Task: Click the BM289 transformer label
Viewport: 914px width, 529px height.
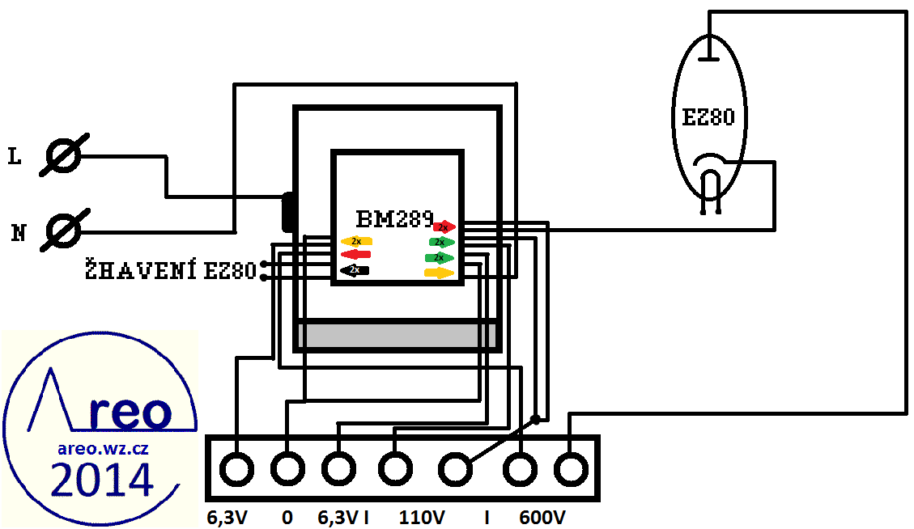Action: [x=395, y=218]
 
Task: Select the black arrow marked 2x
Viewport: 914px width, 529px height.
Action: [x=355, y=269]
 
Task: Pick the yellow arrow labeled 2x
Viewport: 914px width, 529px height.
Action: [x=356, y=241]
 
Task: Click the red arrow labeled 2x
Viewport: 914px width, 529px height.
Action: [x=444, y=227]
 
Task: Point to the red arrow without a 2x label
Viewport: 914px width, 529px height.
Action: [x=356, y=255]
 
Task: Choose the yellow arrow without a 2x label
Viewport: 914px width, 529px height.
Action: [x=440, y=273]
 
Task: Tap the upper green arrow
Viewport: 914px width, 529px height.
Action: [x=441, y=242]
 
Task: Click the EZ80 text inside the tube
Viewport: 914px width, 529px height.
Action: [x=708, y=118]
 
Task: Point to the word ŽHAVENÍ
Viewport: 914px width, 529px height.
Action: [x=142, y=270]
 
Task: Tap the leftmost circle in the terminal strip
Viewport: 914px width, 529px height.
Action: [x=236, y=468]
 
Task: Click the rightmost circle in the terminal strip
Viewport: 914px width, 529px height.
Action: [x=571, y=468]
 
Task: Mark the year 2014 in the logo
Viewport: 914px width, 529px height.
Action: [x=102, y=480]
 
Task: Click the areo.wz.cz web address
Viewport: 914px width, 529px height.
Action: [x=102, y=447]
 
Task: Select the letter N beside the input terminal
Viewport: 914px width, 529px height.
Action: [x=18, y=235]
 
